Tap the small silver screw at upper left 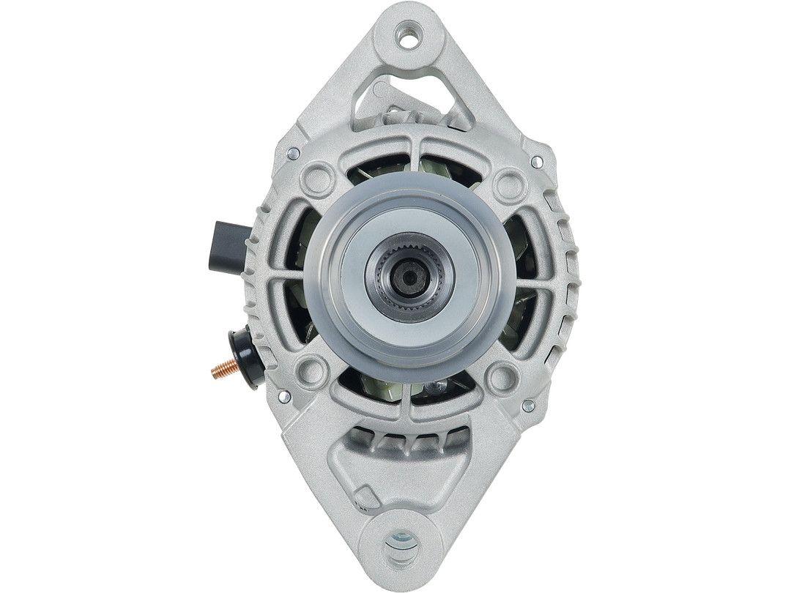coord(293,153)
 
